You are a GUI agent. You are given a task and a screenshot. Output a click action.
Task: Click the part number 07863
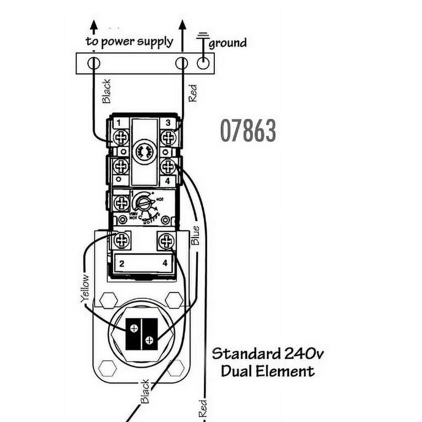pyautogui.click(x=248, y=131)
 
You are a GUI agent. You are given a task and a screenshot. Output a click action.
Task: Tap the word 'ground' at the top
pyautogui.click(x=227, y=42)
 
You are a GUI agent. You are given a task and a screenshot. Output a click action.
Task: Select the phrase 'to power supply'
pyautogui.click(x=129, y=41)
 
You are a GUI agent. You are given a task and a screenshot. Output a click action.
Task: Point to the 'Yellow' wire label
pyautogui.click(x=84, y=288)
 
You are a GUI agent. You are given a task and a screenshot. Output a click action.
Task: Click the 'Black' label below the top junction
pyautogui.click(x=107, y=91)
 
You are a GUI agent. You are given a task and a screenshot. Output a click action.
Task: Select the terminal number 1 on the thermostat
pyautogui.click(x=118, y=121)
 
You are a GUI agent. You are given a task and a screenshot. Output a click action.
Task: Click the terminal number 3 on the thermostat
pyautogui.click(x=168, y=122)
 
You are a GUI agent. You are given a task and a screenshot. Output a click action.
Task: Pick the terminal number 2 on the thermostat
pyautogui.click(x=121, y=263)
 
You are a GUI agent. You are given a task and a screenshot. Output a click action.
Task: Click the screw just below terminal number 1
pyautogui.click(x=120, y=137)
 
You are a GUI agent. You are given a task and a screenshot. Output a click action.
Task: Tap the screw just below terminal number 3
pyautogui.click(x=168, y=137)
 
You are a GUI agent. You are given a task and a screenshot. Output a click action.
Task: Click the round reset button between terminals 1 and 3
pyautogui.click(x=144, y=149)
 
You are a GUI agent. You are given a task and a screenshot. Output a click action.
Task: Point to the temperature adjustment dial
pyautogui.click(x=143, y=204)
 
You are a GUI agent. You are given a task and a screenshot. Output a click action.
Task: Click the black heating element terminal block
pyautogui.click(x=141, y=334)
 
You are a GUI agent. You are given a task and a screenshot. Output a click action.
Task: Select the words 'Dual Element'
pyautogui.click(x=268, y=371)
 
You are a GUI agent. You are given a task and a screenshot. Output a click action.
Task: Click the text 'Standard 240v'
pyautogui.click(x=268, y=353)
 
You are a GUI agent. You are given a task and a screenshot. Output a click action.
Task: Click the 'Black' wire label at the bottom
pyautogui.click(x=145, y=391)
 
